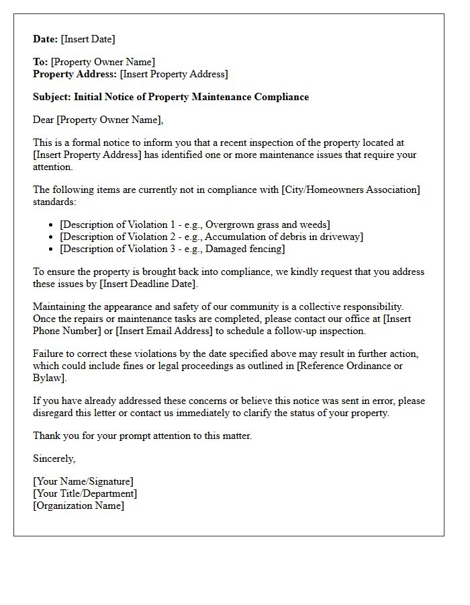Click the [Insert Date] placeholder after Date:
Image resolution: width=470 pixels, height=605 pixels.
88,39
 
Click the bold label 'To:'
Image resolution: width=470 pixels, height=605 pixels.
40,63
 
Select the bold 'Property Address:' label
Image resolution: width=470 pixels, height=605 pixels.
75,74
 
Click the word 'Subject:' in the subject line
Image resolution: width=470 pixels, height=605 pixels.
52,97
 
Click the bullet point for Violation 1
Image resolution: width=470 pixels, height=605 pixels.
52,225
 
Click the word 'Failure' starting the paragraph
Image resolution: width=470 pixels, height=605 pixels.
49,354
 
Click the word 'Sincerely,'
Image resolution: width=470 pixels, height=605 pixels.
54,458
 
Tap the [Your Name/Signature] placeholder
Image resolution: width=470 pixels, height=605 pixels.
83,481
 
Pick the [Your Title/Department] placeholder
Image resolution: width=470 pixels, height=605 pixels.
85,493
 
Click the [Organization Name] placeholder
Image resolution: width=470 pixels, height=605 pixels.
78,506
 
